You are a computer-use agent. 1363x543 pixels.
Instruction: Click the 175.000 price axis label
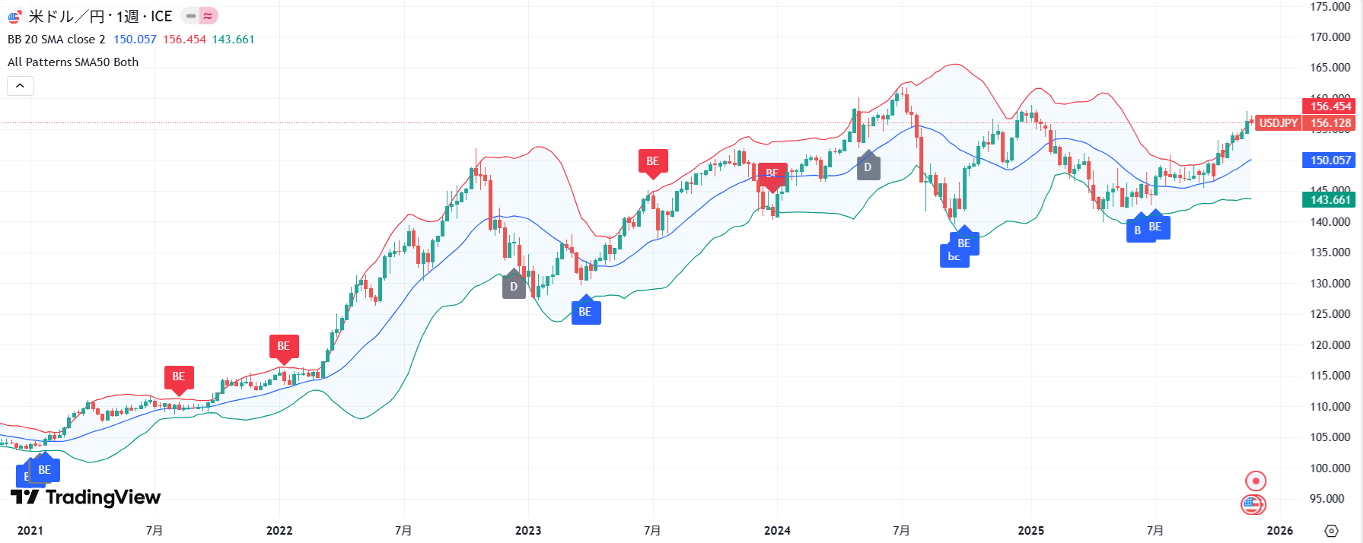click(x=1330, y=7)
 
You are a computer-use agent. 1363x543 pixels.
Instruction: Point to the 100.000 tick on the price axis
click(x=1330, y=468)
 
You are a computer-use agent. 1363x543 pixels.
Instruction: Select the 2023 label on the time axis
click(x=528, y=531)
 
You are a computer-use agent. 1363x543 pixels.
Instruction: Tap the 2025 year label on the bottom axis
click(x=1031, y=531)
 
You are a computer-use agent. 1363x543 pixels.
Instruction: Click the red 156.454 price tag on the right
click(x=1330, y=106)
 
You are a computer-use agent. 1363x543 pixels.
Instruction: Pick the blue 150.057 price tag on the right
click(x=1330, y=160)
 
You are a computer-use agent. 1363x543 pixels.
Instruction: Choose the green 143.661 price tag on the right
click(x=1330, y=200)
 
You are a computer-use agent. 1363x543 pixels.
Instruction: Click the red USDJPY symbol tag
click(x=1278, y=123)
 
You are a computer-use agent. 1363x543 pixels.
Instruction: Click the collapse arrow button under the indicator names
click(x=21, y=86)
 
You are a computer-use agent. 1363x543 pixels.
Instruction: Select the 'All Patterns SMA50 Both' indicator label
click(x=73, y=62)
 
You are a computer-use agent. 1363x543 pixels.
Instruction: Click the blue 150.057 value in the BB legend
click(x=135, y=40)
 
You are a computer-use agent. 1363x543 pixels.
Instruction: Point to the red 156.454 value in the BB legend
click(x=184, y=40)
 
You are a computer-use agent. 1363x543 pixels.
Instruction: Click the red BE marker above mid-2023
click(x=653, y=161)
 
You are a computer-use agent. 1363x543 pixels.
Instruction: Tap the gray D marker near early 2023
click(x=514, y=287)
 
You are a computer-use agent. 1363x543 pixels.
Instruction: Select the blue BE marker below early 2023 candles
click(x=585, y=312)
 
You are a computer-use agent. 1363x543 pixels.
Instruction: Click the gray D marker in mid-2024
click(x=868, y=167)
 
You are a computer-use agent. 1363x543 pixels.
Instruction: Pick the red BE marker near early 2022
click(x=284, y=346)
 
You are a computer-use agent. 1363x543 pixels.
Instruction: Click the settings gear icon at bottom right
click(x=1331, y=531)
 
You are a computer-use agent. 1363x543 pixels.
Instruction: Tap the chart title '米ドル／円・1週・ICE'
click(x=100, y=16)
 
